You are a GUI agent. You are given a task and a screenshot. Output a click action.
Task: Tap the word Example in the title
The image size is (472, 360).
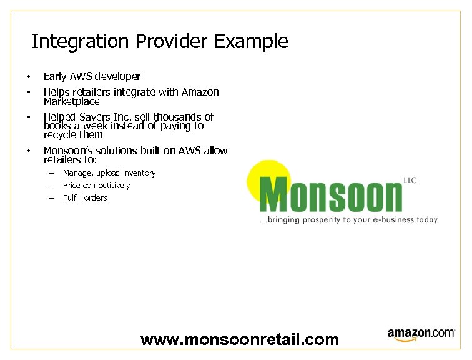point(251,42)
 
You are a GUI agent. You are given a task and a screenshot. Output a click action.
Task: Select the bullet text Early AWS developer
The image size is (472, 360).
point(92,77)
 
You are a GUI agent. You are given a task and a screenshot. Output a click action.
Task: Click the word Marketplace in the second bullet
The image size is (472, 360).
point(71,101)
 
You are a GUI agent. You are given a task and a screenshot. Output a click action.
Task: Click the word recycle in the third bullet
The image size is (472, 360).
point(60,134)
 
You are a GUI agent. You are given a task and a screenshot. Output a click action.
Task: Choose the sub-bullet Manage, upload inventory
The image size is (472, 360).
point(109,173)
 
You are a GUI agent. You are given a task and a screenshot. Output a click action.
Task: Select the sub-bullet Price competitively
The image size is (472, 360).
point(96,186)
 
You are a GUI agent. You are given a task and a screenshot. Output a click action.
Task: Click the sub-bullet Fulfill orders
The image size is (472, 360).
point(85,198)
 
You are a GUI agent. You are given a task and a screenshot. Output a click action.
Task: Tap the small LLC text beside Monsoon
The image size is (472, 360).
point(410,181)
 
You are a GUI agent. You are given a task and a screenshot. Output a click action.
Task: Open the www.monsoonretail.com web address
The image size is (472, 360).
point(240,340)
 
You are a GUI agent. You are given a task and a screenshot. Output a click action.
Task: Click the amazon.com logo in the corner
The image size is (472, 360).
point(421,334)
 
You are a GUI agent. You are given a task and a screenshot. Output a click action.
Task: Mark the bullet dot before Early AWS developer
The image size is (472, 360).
point(28,77)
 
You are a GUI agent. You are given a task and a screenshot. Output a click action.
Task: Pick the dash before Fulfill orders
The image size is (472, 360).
point(51,198)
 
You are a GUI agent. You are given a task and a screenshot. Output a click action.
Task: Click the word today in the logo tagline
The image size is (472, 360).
point(427,220)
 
